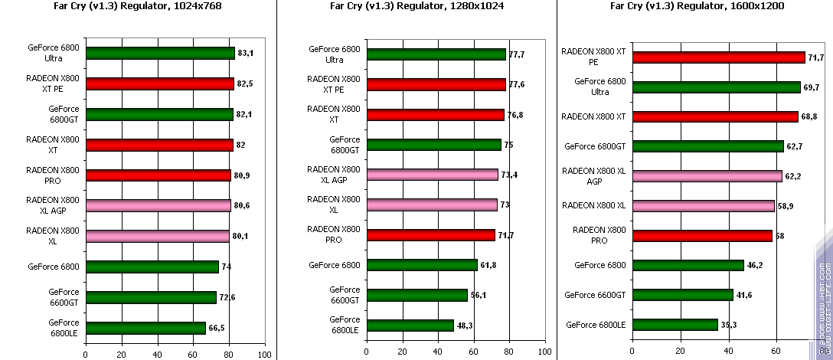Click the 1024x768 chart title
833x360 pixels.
click(138, 5)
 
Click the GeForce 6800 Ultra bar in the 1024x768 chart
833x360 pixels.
click(160, 54)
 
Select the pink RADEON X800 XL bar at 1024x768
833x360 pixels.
click(158, 236)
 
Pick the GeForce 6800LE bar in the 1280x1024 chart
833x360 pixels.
click(410, 326)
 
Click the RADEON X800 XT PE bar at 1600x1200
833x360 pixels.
click(718, 57)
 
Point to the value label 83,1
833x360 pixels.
click(245, 54)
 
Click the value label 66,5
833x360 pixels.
click(216, 328)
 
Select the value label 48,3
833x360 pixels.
click(465, 326)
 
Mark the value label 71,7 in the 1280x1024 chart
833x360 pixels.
click(505, 235)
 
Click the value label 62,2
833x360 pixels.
click(792, 176)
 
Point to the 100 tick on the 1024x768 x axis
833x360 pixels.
click(263, 355)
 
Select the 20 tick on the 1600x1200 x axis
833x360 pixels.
click(680, 350)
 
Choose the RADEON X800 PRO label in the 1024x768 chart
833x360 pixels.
click(54, 175)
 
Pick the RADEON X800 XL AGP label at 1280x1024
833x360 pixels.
click(333, 175)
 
